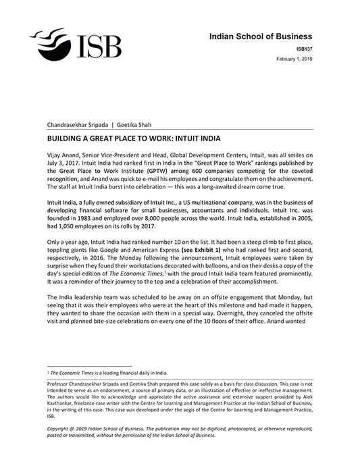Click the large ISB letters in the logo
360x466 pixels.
click(97, 47)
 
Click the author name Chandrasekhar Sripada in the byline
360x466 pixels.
click(76, 125)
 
